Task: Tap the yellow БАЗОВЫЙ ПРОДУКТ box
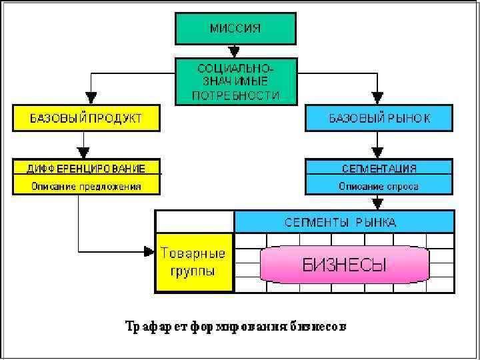point(86,117)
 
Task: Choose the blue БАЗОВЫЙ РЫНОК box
point(379,117)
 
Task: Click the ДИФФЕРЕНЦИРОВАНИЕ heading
point(86,167)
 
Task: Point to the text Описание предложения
point(86,186)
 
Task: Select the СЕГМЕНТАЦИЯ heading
point(379,167)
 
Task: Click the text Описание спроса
point(379,186)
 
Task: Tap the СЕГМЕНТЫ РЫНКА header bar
point(344,221)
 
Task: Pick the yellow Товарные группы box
point(193,263)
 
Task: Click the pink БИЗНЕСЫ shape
point(344,265)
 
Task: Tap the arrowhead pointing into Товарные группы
point(149,251)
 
